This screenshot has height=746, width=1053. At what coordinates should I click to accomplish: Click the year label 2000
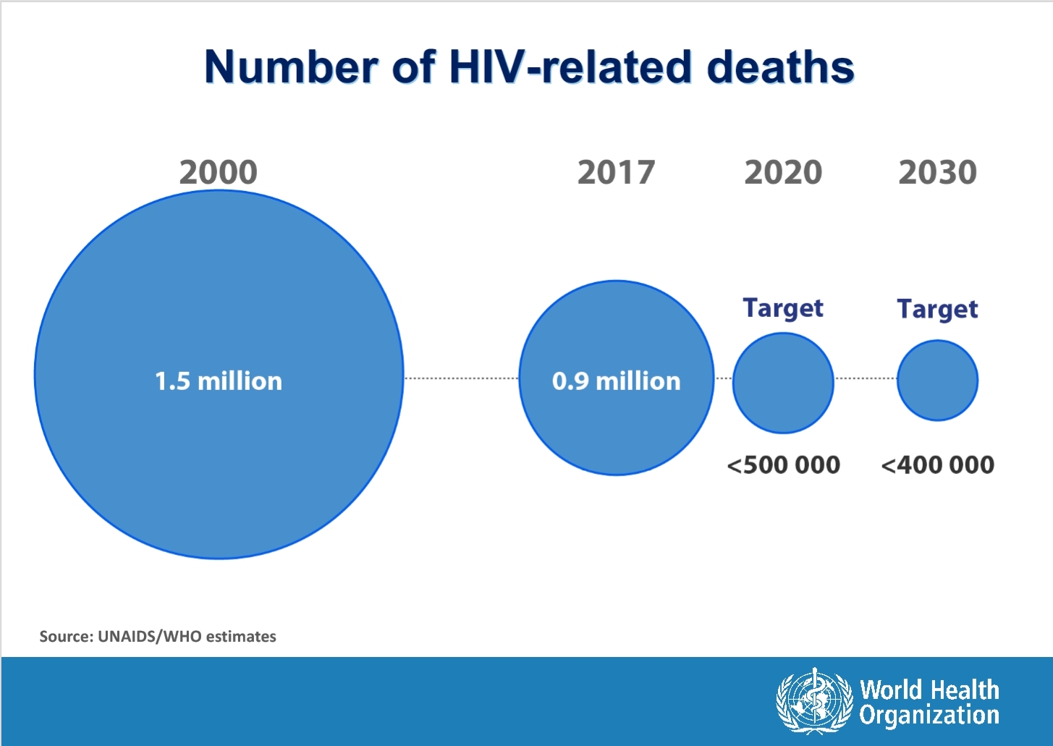pyautogui.click(x=218, y=172)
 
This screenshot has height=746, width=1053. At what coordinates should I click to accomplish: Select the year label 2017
pyautogui.click(x=616, y=172)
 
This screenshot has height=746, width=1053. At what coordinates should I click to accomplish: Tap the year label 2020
pyautogui.click(x=783, y=172)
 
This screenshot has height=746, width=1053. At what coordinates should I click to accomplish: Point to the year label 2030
pyautogui.click(x=937, y=172)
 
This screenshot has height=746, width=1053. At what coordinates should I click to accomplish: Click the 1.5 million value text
pyautogui.click(x=219, y=381)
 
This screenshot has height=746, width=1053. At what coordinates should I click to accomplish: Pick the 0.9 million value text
pyautogui.click(x=616, y=381)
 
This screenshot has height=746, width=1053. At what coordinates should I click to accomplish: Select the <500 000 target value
pyautogui.click(x=783, y=465)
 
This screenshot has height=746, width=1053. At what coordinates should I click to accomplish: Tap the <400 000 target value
pyautogui.click(x=937, y=465)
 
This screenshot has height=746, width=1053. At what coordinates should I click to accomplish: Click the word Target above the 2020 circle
pyautogui.click(x=783, y=308)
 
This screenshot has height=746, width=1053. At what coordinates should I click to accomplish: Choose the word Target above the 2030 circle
pyautogui.click(x=937, y=309)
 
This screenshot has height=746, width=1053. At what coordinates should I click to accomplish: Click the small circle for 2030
pyautogui.click(x=937, y=381)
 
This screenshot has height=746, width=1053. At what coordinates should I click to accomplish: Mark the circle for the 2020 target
pyautogui.click(x=783, y=383)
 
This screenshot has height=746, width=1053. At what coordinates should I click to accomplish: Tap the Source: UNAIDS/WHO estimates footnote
pyautogui.click(x=158, y=637)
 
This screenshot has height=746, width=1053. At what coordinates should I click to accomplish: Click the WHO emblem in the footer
pyautogui.click(x=814, y=700)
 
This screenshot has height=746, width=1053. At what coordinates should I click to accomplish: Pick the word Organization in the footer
pyautogui.click(x=929, y=716)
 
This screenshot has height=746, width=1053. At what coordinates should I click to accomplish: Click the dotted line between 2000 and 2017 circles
pyautogui.click(x=461, y=378)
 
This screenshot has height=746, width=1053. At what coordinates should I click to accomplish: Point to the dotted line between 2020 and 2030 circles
pyautogui.click(x=866, y=378)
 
